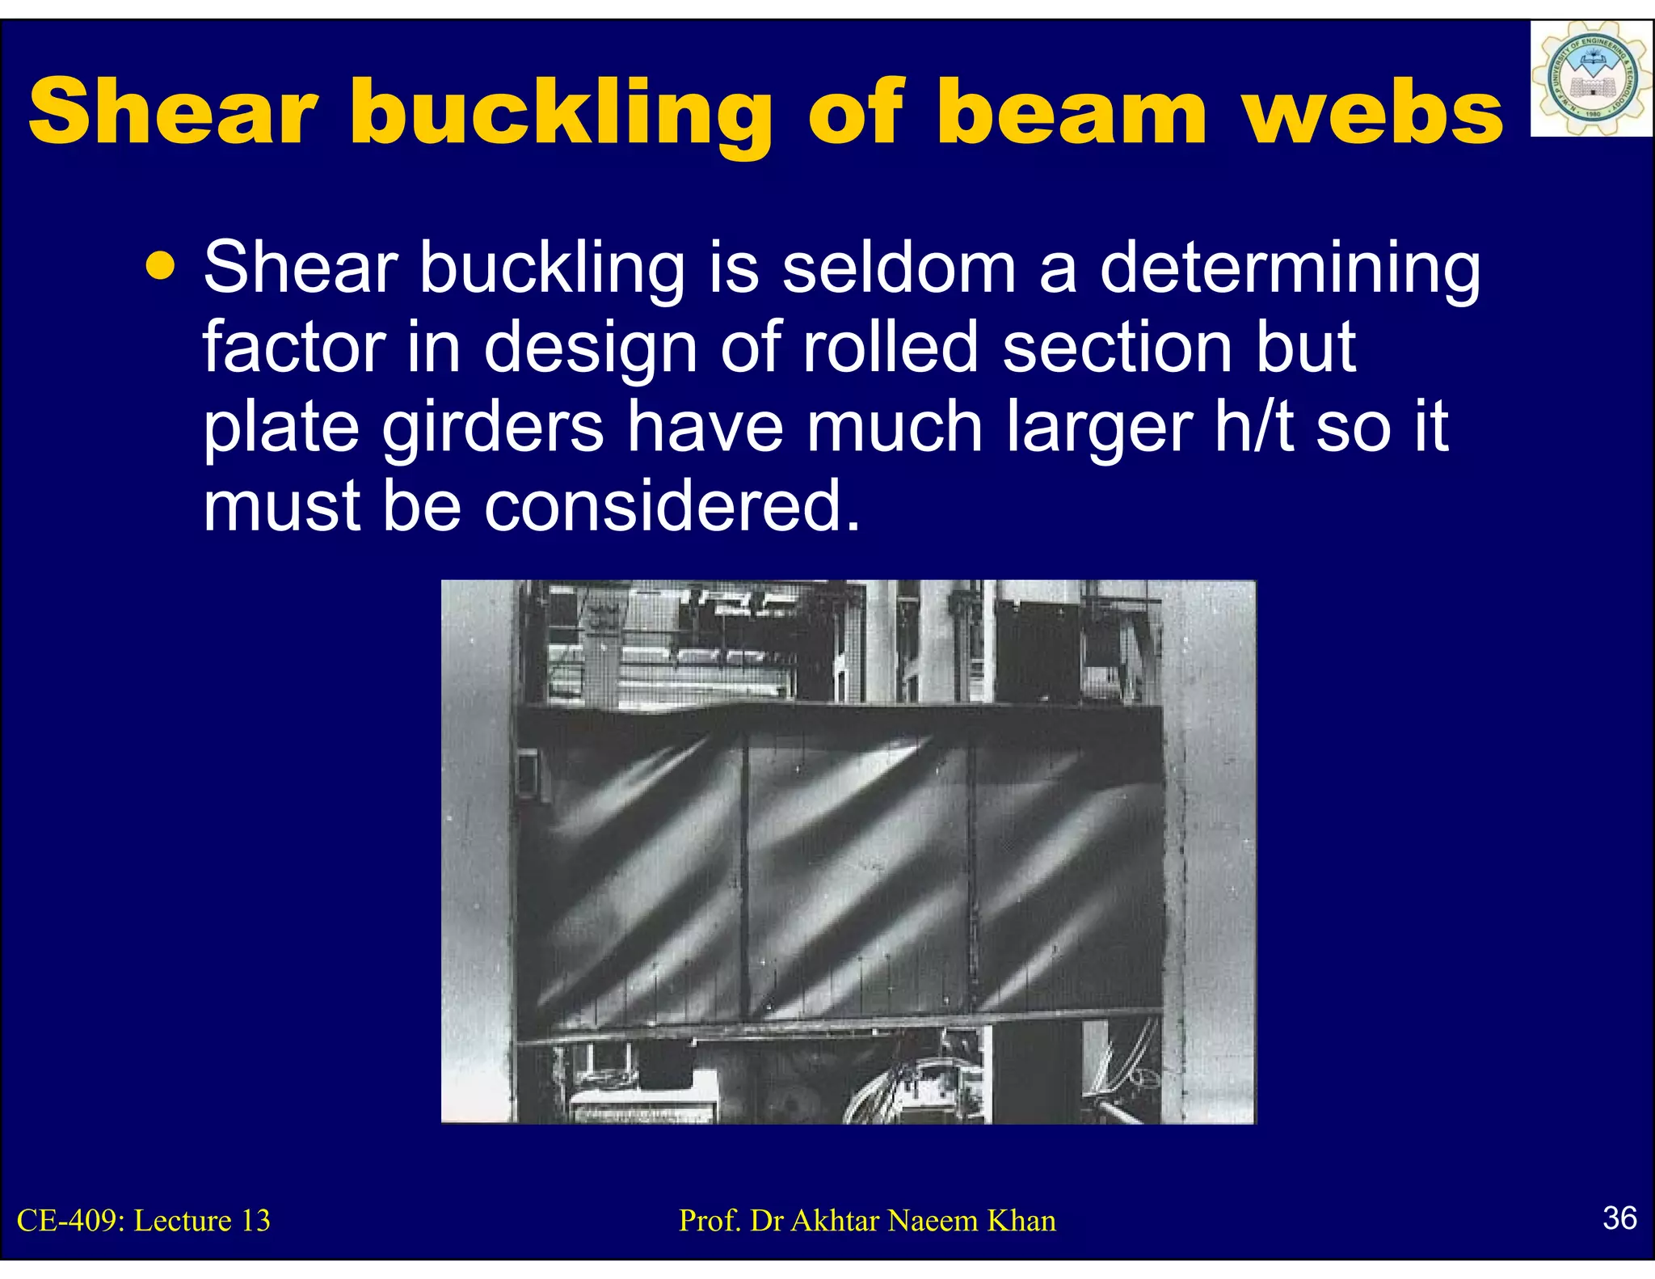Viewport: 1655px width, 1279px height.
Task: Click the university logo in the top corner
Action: tap(1590, 78)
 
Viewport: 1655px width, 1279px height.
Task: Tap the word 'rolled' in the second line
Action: tap(890, 348)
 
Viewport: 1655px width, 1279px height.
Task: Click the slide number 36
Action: tap(1619, 1218)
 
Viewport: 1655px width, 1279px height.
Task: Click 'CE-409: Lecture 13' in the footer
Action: tap(144, 1220)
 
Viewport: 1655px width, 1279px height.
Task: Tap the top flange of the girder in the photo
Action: tap(840, 716)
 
